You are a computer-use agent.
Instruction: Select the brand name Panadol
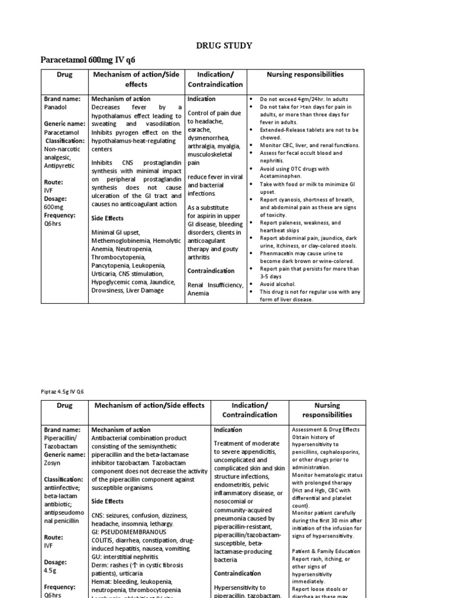click(x=57, y=107)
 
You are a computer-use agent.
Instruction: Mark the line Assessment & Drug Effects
click(x=326, y=429)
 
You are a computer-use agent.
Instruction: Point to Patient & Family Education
click(x=326, y=551)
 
